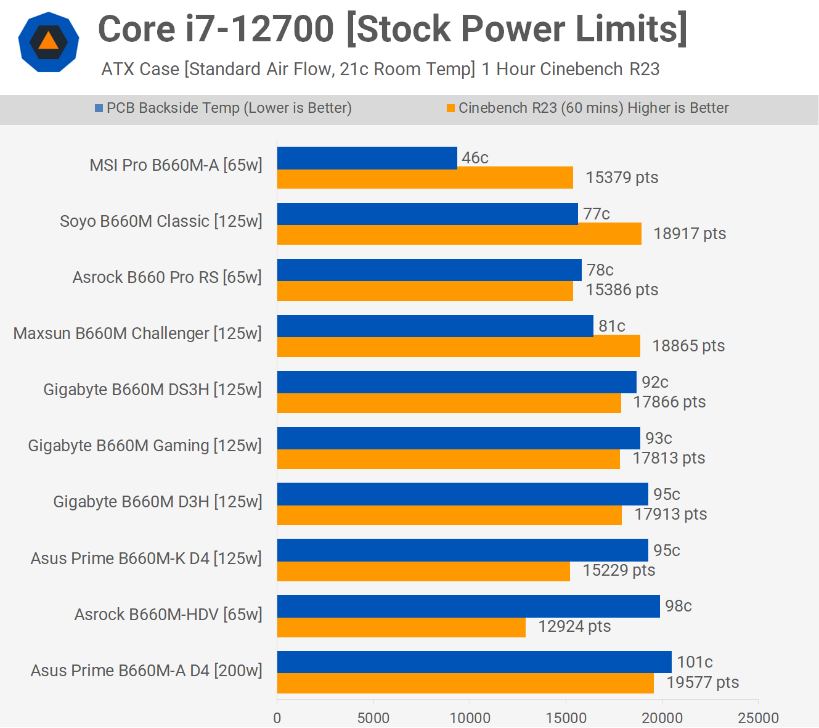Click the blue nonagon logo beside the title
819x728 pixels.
click(49, 42)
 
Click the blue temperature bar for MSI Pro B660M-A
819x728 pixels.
click(367, 158)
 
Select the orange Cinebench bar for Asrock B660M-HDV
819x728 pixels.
click(401, 628)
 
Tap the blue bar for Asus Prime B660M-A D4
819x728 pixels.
click(474, 662)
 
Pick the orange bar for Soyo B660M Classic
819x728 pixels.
click(459, 234)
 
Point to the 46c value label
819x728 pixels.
click(475, 158)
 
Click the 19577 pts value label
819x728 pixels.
click(703, 682)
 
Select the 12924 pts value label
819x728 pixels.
click(574, 626)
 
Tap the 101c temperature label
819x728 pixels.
click(695, 662)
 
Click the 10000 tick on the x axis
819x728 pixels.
click(470, 718)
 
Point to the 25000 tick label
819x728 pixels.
click(758, 718)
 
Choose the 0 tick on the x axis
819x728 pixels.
click(277, 718)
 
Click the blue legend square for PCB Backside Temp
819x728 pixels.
click(99, 108)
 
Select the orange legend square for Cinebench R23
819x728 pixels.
click(451, 108)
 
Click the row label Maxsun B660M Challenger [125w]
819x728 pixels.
click(137, 333)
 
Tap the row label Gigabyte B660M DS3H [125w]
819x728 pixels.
click(152, 390)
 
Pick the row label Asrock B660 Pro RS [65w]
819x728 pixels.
click(167, 277)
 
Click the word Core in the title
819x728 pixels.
click(136, 29)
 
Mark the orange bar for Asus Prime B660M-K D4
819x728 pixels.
click(423, 571)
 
